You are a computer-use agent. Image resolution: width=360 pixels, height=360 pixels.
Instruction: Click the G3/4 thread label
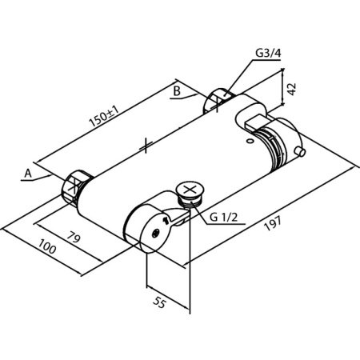pyautogui.click(x=268, y=53)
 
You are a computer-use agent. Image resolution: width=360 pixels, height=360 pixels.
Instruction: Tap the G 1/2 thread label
pyautogui.click(x=223, y=218)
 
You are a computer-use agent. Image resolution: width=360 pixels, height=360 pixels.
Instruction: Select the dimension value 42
pyautogui.click(x=292, y=89)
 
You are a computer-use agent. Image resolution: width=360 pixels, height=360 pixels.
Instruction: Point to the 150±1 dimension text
pyautogui.click(x=104, y=117)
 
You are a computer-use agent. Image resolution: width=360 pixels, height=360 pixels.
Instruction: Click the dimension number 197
pyautogui.click(x=273, y=223)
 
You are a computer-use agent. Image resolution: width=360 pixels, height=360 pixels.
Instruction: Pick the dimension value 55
pyautogui.click(x=160, y=302)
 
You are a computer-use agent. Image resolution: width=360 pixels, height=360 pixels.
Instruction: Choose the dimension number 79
pyautogui.click(x=74, y=237)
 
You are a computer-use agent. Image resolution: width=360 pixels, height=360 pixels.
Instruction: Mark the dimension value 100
pyautogui.click(x=47, y=246)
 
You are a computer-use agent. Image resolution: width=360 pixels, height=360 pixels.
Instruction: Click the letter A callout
pyautogui.click(x=28, y=174)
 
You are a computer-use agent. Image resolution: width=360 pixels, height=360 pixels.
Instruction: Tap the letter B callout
pyautogui.click(x=177, y=91)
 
